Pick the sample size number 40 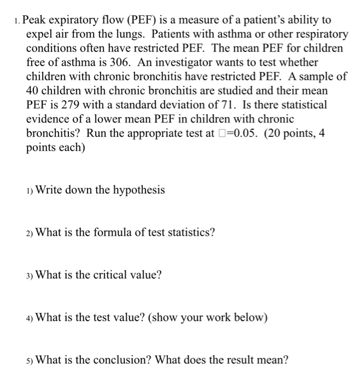pos(33,90)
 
